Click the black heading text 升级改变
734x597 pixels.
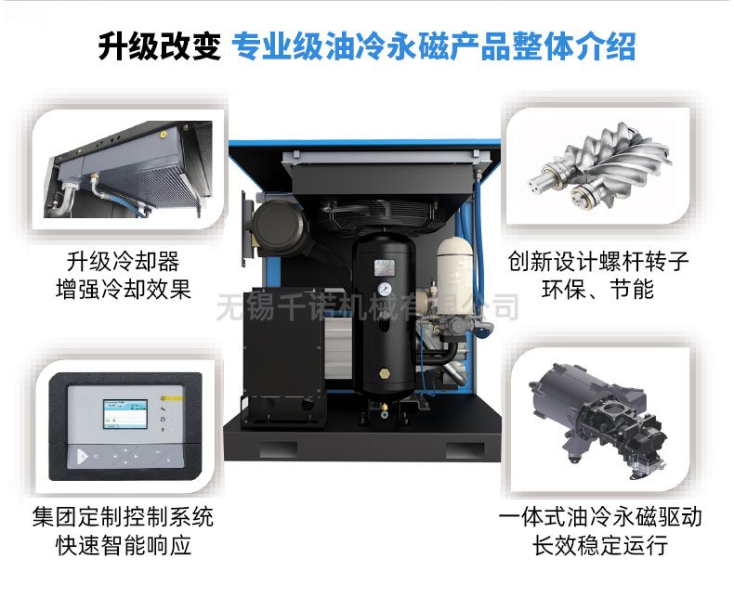(x=159, y=46)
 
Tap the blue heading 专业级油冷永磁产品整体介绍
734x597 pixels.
(x=434, y=46)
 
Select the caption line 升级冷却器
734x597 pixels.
(x=124, y=262)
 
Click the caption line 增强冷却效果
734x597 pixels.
(x=124, y=289)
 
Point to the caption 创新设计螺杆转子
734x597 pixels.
(x=597, y=262)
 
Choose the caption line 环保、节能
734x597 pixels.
(x=597, y=289)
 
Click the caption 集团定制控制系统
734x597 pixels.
(x=124, y=517)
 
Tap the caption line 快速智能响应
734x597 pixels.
(x=124, y=545)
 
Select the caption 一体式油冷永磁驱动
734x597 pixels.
(x=599, y=517)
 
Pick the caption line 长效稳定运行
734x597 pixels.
(x=599, y=545)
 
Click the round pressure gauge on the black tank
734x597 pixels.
(x=385, y=289)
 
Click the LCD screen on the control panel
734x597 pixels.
(x=125, y=414)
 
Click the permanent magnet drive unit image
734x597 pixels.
(x=599, y=422)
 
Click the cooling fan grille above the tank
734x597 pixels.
(x=384, y=214)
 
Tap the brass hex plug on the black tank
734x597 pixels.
(x=385, y=374)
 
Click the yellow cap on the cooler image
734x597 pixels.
(x=163, y=134)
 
